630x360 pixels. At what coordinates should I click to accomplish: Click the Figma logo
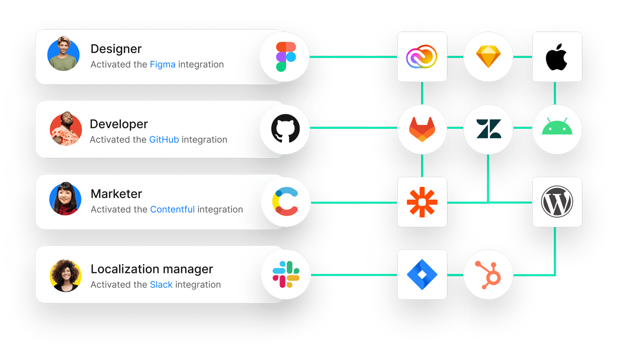(286, 57)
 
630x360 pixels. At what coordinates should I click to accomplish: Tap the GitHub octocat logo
(285, 128)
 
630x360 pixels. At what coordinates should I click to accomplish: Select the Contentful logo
(285, 201)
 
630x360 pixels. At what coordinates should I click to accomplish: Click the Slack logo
(286, 274)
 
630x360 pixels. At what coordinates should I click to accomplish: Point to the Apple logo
(556, 57)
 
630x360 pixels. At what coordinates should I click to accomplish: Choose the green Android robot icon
(557, 126)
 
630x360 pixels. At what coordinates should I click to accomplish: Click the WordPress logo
(557, 201)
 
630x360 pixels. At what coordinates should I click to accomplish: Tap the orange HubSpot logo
(488, 275)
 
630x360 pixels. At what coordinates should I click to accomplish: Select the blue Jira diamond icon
(422, 274)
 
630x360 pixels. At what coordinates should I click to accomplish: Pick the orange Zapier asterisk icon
(422, 202)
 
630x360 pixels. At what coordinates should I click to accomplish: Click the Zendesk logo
(488, 129)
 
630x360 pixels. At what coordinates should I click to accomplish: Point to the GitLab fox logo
(422, 129)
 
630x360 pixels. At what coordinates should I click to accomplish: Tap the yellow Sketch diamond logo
(488, 56)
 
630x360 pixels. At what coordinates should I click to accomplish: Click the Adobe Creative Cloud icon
(421, 56)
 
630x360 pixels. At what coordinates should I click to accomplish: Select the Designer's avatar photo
(63, 53)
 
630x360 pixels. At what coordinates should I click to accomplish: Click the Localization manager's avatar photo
(65, 275)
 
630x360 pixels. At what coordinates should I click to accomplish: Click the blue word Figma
(162, 64)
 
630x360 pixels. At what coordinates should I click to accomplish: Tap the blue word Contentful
(172, 209)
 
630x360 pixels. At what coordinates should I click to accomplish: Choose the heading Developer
(118, 124)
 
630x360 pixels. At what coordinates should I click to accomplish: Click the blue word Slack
(161, 284)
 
